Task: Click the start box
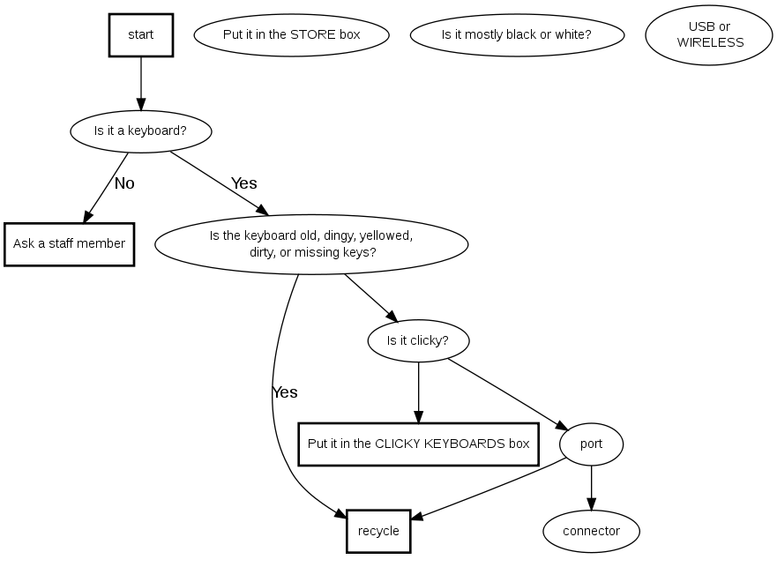(x=140, y=35)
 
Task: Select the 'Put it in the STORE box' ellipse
(x=291, y=35)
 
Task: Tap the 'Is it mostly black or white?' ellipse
(x=517, y=35)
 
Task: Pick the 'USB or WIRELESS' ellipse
(x=709, y=35)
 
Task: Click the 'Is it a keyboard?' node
(x=140, y=131)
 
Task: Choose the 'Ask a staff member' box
(x=69, y=243)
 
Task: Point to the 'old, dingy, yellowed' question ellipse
(x=311, y=243)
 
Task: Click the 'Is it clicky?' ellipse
(x=418, y=340)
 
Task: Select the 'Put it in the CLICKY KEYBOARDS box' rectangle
(x=418, y=444)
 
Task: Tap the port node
(x=591, y=444)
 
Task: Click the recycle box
(x=378, y=531)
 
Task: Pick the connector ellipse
(x=591, y=531)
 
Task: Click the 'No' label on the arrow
(x=124, y=183)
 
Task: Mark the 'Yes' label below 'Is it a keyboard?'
(x=244, y=183)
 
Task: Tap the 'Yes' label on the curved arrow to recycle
(x=285, y=392)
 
